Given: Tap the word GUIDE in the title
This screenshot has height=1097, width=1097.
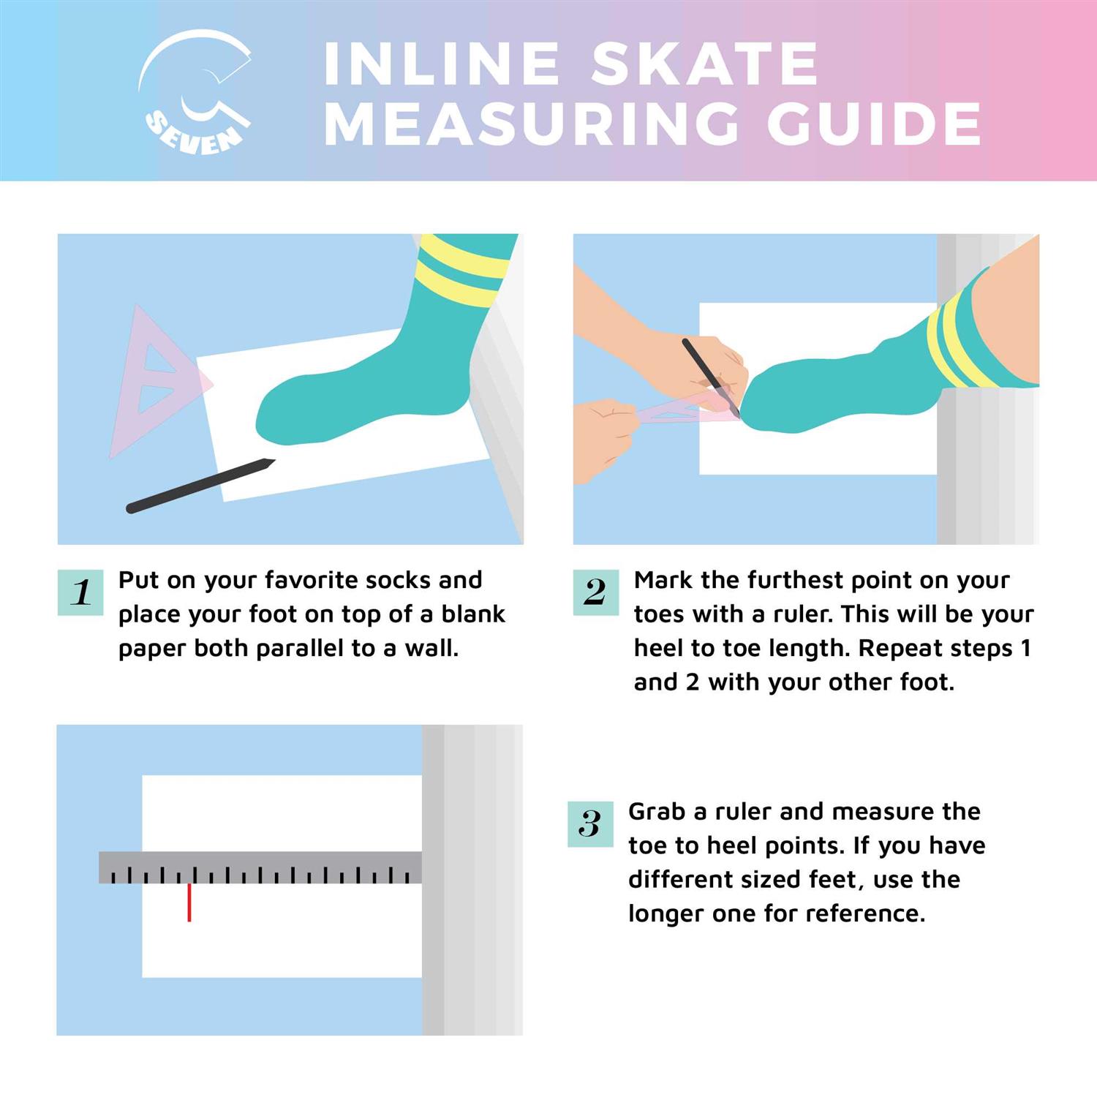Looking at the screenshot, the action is pos(873,122).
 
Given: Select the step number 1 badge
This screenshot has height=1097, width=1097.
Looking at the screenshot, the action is pos(80,592).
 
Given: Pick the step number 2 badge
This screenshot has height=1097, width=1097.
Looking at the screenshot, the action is pos(595,592).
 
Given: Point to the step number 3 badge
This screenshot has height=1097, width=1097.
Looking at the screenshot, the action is pos(590,823).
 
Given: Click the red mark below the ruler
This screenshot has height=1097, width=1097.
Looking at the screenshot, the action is pos(189,902).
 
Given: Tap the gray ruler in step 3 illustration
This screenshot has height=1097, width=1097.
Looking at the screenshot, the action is pos(260,867).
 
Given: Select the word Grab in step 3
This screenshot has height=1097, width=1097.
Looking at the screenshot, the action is pos(657,811).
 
